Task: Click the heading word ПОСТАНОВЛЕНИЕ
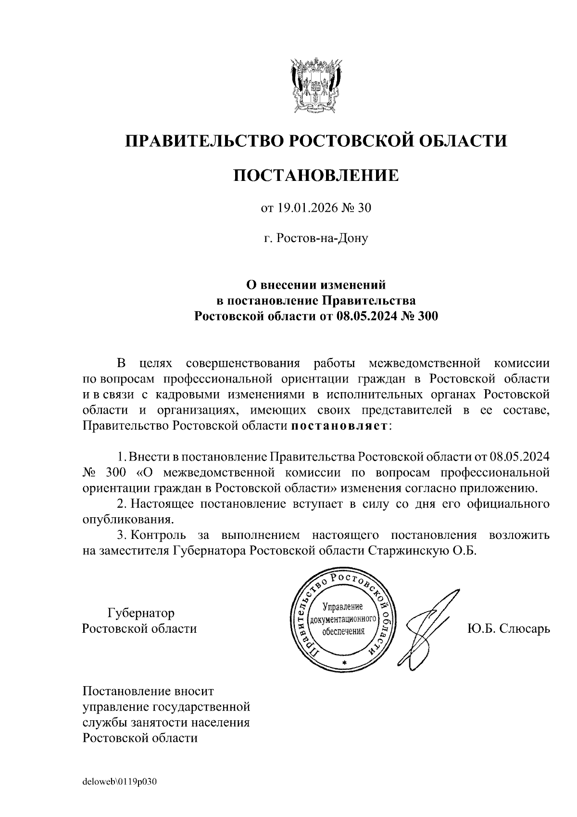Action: [x=316, y=176]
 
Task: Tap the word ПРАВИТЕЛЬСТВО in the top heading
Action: [x=200, y=141]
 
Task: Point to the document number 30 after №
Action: [x=365, y=208]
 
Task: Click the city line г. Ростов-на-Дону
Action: [x=316, y=238]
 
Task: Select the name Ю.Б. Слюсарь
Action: [x=508, y=628]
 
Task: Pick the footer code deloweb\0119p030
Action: [x=120, y=782]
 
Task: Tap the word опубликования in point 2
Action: [x=126, y=520]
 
